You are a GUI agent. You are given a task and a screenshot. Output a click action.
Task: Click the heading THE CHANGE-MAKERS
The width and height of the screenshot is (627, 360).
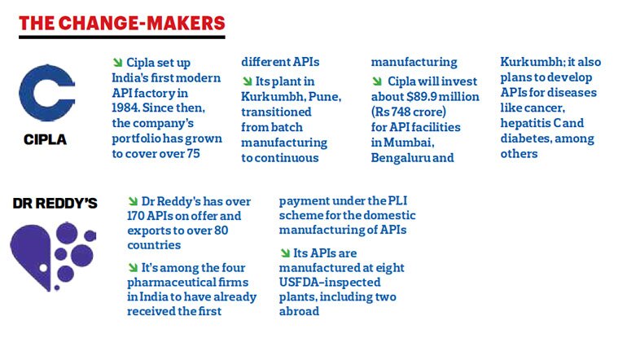(x=122, y=23)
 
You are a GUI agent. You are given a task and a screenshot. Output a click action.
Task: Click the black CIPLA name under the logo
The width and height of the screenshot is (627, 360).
(x=45, y=139)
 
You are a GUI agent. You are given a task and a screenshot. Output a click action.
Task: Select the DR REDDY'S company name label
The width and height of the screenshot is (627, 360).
(x=55, y=203)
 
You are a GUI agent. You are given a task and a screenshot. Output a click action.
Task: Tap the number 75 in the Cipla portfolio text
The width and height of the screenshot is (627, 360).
(x=193, y=154)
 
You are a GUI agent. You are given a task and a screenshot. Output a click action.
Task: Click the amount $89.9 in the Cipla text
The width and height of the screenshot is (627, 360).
(x=421, y=97)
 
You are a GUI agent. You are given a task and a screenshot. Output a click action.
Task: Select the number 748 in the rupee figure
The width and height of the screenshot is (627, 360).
(x=401, y=112)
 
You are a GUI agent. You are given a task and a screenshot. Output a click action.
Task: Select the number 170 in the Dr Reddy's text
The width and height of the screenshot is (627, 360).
(x=135, y=216)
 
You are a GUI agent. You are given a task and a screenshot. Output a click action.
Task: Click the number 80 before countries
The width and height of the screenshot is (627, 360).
(x=221, y=230)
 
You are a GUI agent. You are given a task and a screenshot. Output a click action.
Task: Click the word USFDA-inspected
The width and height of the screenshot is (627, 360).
(x=330, y=283)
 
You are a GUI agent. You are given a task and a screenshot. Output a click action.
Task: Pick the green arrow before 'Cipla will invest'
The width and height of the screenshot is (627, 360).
(x=377, y=81)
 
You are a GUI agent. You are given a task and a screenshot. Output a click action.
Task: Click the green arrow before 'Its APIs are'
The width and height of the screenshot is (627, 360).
(x=285, y=252)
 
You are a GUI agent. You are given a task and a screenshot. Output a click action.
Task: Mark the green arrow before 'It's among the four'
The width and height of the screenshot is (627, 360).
(x=133, y=267)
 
